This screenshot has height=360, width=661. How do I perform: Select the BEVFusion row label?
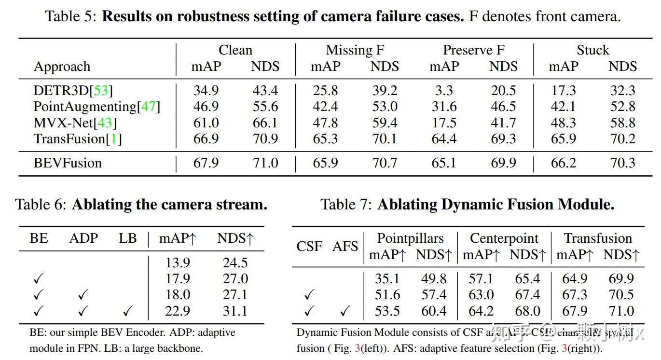[x=68, y=163]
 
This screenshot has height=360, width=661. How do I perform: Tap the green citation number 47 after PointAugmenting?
[x=149, y=107]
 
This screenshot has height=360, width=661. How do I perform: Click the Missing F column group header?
[x=355, y=50]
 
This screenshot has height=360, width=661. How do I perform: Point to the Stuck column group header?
[x=593, y=50]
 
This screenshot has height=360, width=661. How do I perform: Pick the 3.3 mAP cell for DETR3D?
[x=444, y=91]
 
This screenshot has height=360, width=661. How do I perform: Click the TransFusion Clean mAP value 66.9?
[x=206, y=139]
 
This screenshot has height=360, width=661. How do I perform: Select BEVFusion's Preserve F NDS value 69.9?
[x=503, y=163]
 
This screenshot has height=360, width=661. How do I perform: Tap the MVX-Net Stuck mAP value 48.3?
[x=563, y=123]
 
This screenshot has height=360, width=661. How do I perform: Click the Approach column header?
[x=62, y=67]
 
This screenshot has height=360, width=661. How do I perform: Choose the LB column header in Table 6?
[x=127, y=238]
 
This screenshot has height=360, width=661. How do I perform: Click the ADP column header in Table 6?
[x=83, y=238]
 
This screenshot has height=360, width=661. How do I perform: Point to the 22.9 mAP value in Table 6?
[x=177, y=311]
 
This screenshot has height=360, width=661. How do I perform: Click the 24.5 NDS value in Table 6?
[x=235, y=263]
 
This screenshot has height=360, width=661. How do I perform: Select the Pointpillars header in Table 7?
[x=410, y=238]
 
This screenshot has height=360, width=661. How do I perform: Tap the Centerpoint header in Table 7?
[x=504, y=238]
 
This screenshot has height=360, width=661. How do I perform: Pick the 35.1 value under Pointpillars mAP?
[x=387, y=279]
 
